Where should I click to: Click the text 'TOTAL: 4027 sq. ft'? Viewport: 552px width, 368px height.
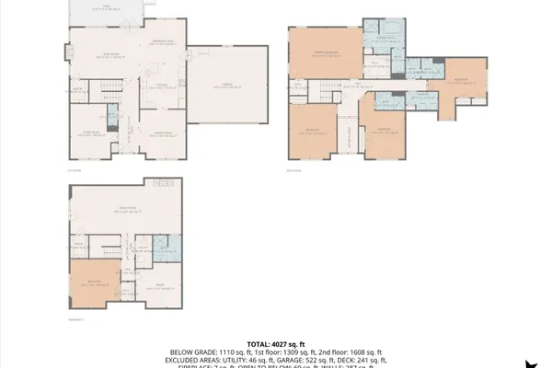[x=276, y=344]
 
